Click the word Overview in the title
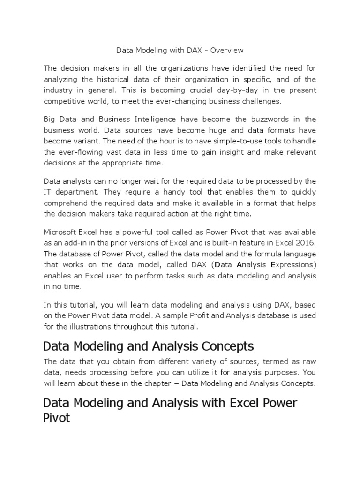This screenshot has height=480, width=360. (228, 50)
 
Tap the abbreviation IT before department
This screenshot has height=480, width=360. (47, 192)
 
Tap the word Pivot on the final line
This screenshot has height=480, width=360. (56, 418)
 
